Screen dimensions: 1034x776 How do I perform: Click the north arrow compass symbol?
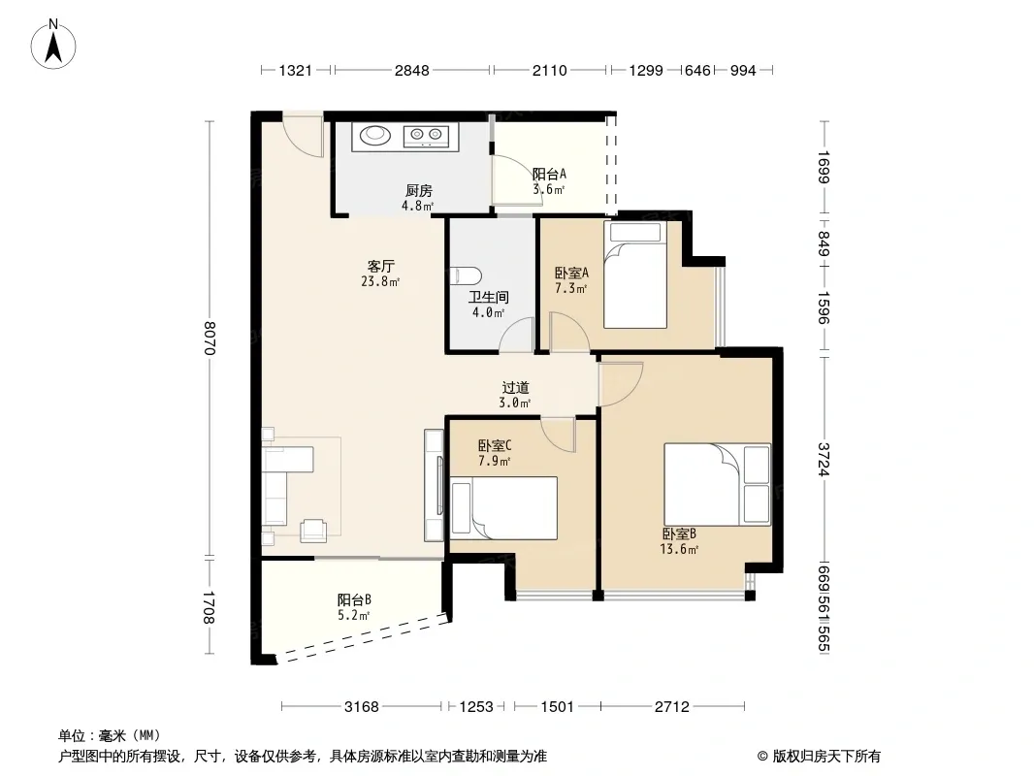tap(53, 45)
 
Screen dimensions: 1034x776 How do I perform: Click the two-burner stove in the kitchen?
tap(426, 136)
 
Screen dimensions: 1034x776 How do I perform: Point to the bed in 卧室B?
tap(717, 484)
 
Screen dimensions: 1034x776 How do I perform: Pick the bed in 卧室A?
tap(635, 275)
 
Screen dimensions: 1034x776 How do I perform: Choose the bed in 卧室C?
tap(503, 507)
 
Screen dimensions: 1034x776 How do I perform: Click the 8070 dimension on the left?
tap(210, 338)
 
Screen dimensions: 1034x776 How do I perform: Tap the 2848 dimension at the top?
tap(412, 70)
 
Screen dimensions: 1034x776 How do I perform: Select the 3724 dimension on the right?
tap(824, 459)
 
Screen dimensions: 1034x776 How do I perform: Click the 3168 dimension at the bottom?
tap(362, 707)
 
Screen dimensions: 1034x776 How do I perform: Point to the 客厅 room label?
tap(380, 266)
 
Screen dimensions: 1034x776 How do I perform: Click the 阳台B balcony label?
tap(354, 600)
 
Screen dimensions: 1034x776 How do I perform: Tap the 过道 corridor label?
tap(515, 388)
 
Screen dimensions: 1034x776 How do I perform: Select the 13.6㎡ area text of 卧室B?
tap(679, 549)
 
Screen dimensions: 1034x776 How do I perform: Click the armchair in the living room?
tap(313, 531)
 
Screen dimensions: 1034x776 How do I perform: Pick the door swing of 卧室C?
tap(558, 435)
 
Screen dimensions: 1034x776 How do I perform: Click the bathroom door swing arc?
tap(516, 335)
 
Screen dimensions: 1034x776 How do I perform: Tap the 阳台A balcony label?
tap(549, 174)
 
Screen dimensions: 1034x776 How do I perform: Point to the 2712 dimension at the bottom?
tap(672, 707)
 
